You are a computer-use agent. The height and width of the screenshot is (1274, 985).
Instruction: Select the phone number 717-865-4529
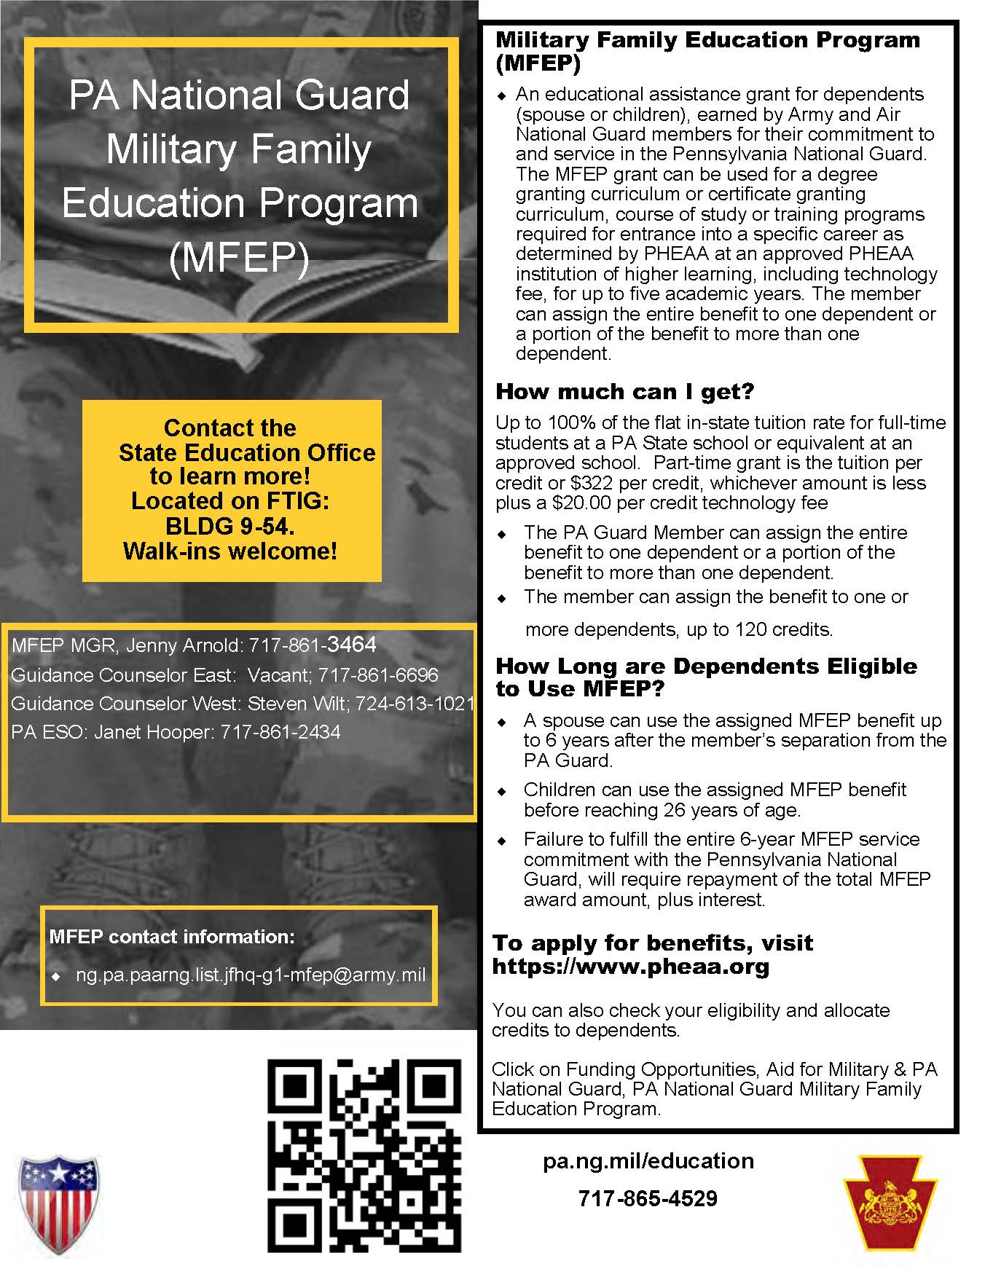tap(648, 1198)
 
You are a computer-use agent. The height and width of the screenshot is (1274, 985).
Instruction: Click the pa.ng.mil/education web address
tap(648, 1160)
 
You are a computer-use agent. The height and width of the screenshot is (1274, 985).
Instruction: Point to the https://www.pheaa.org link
tap(631, 967)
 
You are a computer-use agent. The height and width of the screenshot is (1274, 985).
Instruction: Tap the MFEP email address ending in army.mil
tap(251, 975)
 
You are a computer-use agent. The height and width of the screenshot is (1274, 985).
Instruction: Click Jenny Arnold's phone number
tap(313, 645)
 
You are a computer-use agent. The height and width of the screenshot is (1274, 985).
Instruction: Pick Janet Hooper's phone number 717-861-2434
tap(280, 732)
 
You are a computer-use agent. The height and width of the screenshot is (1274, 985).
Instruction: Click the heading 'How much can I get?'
tap(624, 392)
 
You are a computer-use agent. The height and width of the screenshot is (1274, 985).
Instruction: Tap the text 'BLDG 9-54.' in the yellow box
tap(229, 526)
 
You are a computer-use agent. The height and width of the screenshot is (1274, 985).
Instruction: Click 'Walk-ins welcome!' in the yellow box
tap(230, 551)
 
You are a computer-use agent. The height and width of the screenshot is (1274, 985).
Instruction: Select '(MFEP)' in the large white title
tap(239, 256)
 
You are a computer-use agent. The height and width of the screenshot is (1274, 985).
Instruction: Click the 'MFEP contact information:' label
tap(172, 937)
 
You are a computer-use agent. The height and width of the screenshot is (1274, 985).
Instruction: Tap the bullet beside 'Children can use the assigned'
tap(501, 791)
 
